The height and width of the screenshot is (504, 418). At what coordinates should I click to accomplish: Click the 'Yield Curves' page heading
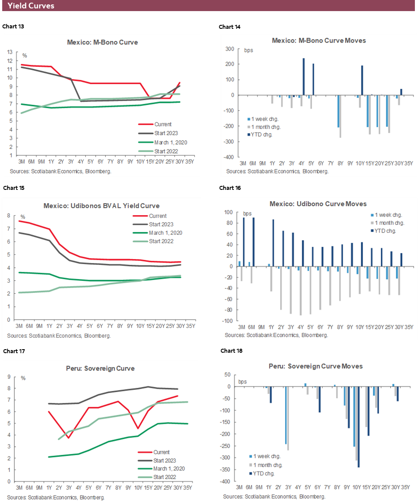(31, 6)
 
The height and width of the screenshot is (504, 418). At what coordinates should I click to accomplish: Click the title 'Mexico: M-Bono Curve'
(103, 43)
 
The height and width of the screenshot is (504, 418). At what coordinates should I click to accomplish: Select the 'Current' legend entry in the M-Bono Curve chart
(163, 124)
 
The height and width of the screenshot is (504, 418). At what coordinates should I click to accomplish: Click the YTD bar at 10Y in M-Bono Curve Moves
(362, 80)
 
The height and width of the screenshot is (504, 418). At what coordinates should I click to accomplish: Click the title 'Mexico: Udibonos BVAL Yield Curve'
(101, 206)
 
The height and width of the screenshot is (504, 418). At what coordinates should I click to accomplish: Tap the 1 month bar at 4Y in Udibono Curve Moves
(300, 291)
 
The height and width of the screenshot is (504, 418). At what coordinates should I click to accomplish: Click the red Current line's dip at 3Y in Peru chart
(68, 438)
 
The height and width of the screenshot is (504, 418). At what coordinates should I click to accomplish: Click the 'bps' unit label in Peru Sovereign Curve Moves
(243, 381)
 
